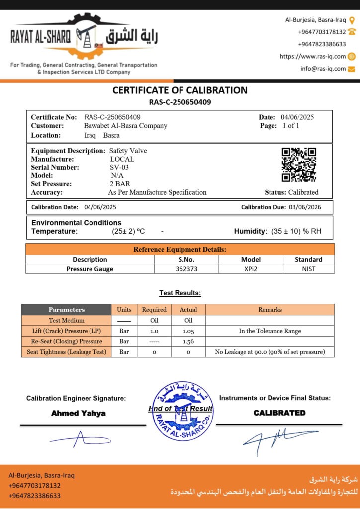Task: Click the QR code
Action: [x=299, y=165]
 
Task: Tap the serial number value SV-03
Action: [x=119, y=168]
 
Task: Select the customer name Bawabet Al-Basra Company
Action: [x=125, y=126]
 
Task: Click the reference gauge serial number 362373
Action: [x=186, y=269]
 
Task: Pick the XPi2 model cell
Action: [x=251, y=269]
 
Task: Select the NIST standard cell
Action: [x=308, y=269]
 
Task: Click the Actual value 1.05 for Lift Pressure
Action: [x=188, y=331]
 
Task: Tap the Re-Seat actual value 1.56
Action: [x=188, y=341]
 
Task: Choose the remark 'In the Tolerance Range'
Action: [x=270, y=331]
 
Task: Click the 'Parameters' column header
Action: [x=66, y=310]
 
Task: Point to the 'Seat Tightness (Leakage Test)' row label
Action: [x=66, y=352]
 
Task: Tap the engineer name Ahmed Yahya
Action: [x=79, y=413]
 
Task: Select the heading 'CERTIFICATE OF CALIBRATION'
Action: [x=180, y=90]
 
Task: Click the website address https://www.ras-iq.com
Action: [x=313, y=57]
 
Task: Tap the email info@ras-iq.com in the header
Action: [x=323, y=69]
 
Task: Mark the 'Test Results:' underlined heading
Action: [x=180, y=293]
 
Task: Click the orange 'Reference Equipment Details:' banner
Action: [x=180, y=249]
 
